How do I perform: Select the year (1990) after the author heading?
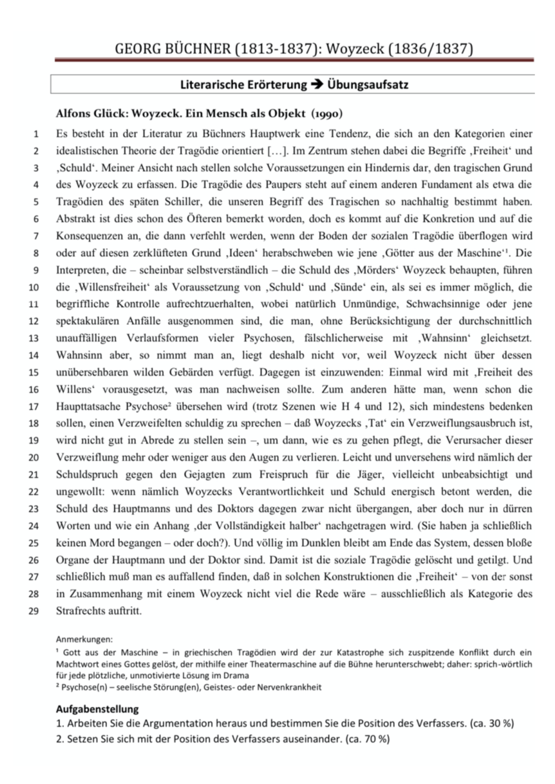(x=327, y=114)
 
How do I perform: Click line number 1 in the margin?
(x=36, y=135)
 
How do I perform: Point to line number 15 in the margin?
(x=34, y=373)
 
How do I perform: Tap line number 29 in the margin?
(x=34, y=611)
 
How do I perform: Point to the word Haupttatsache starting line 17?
(x=89, y=407)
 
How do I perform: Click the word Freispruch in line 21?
(x=283, y=475)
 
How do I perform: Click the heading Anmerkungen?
(x=84, y=640)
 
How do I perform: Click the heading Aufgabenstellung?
(x=97, y=709)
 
